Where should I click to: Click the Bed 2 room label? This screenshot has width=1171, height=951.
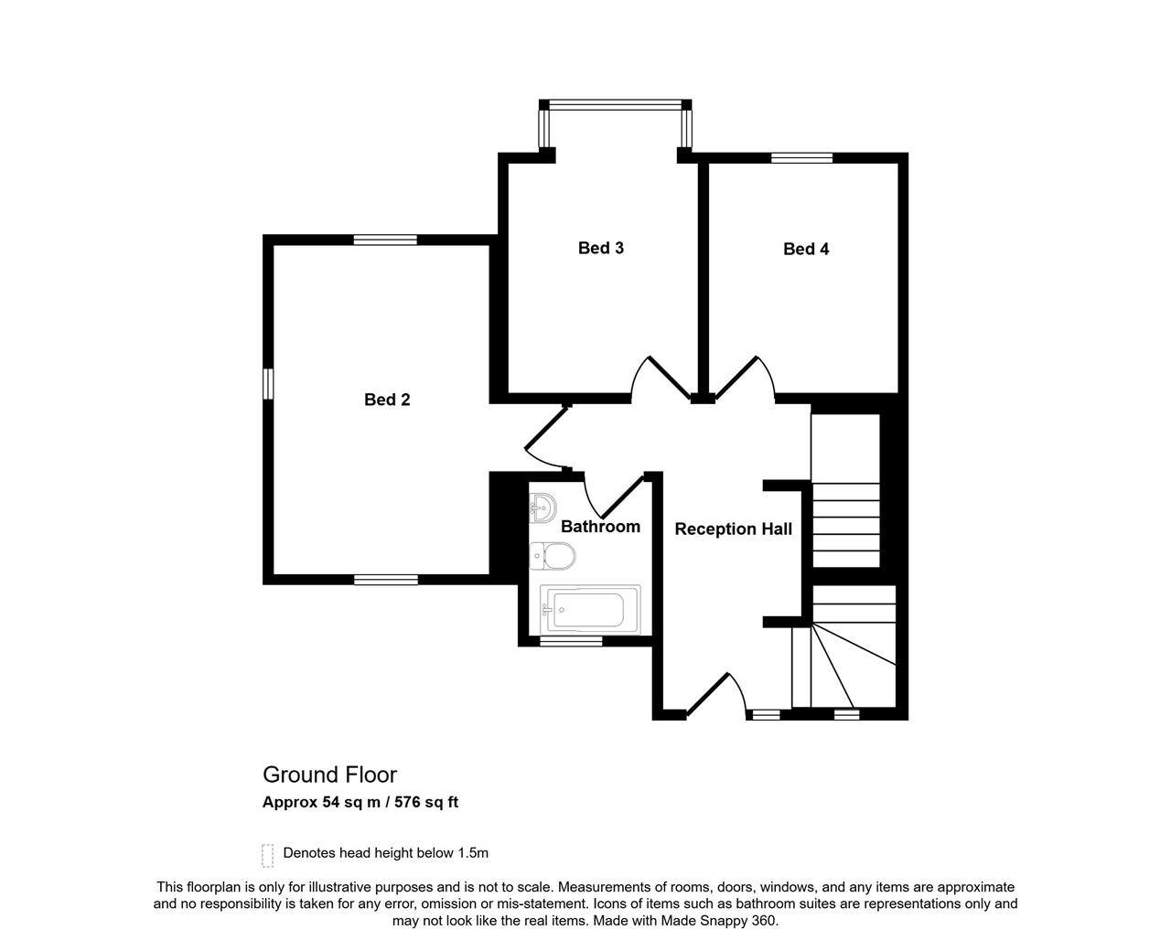pos(387,400)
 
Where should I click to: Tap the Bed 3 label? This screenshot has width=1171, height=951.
pos(601,248)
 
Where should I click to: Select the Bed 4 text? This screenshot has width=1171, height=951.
pos(806,249)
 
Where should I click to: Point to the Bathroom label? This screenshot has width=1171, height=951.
pos(600,527)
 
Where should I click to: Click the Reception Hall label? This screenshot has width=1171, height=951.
pos(734,529)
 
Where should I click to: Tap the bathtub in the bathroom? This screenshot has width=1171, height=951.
pos(590,609)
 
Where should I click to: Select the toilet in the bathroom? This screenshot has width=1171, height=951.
pos(553,556)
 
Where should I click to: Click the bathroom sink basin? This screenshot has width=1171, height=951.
pos(543,508)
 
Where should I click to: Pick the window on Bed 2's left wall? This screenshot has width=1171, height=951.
pos(268,383)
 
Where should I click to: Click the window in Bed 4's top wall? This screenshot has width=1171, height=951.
pos(801,158)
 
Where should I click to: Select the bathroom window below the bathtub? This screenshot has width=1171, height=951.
pos(571,641)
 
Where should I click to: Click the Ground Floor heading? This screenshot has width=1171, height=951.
pos(330,775)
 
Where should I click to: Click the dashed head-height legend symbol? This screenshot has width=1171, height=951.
pos(268,855)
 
